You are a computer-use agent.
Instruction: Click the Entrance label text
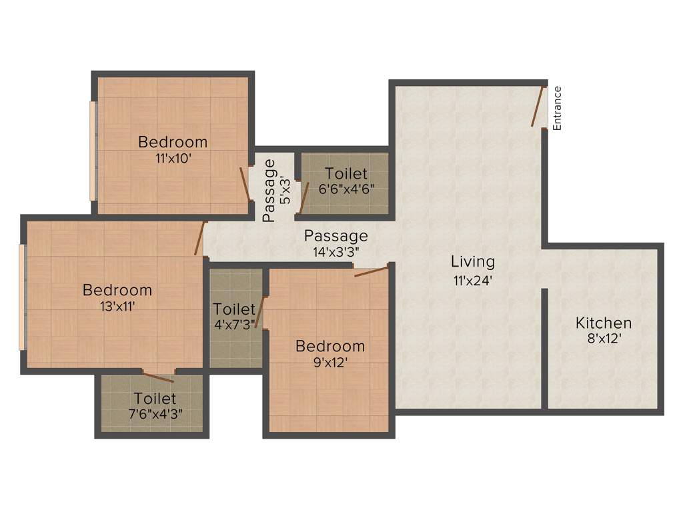[558, 108]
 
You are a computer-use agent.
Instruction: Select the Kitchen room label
[604, 323]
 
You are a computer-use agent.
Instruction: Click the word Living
[473, 261]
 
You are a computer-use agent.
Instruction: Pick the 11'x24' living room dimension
[472, 280]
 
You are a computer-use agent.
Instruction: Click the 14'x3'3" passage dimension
[337, 252]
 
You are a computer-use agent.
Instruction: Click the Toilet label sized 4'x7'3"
[235, 317]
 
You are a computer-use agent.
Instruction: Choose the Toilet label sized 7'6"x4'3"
[155, 405]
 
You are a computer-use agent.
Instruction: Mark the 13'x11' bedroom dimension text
[117, 307]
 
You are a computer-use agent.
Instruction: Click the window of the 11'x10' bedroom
[93, 151]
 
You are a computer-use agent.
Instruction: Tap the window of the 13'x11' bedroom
[23, 297]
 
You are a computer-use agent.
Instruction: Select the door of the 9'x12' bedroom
[371, 271]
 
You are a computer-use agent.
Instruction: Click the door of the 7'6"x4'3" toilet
[159, 377]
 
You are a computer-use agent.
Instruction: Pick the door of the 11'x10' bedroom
[245, 183]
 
